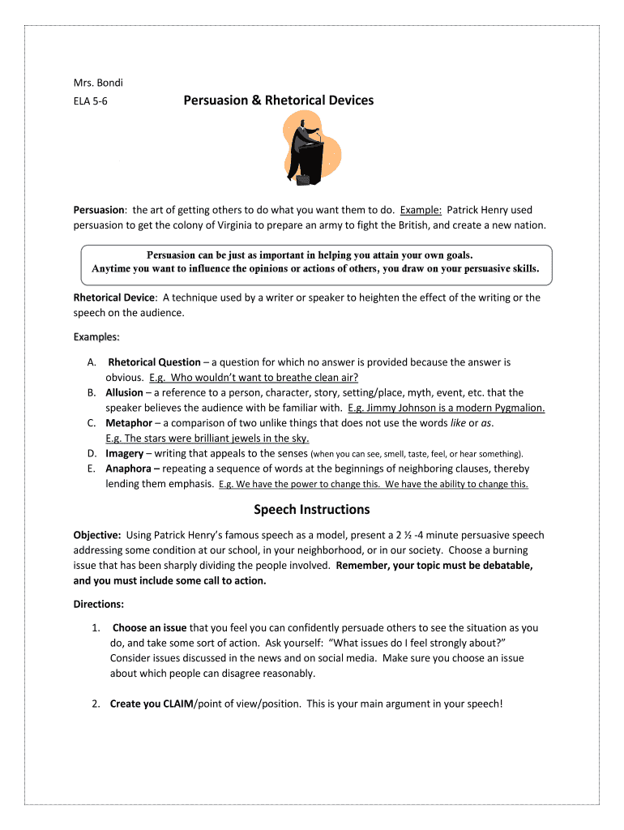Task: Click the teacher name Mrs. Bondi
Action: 98,81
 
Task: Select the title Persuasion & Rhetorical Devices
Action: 278,101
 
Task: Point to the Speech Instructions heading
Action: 312,510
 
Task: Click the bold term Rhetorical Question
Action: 154,362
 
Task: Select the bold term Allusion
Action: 124,393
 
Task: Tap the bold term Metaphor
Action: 129,423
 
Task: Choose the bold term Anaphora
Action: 130,469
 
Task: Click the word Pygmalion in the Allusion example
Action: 516,409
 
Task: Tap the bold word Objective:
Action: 97,536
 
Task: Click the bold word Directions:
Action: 99,605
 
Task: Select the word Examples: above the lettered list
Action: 96,336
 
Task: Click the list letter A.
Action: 92,362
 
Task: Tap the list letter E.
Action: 92,469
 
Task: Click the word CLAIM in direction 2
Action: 177,704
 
